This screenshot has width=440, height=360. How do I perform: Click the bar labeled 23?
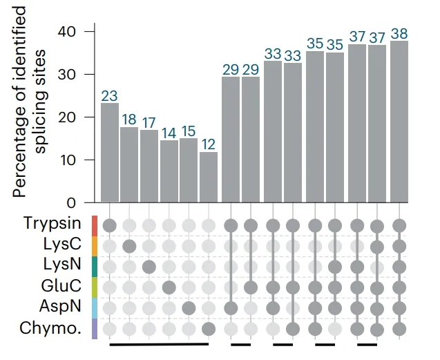click(x=109, y=152)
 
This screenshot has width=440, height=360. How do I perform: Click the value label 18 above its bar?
click(x=129, y=118)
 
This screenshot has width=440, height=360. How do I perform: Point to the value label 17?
click(x=149, y=122)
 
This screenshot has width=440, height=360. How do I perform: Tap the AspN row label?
click(x=61, y=307)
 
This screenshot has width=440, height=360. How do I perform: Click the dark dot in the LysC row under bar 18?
click(x=129, y=245)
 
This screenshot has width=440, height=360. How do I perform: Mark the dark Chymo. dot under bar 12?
click(x=209, y=328)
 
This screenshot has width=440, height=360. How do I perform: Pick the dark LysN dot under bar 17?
click(x=149, y=266)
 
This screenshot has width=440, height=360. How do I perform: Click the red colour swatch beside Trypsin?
click(x=95, y=225)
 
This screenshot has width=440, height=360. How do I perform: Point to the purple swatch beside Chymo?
click(x=95, y=328)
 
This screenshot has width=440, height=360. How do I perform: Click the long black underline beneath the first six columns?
click(x=159, y=343)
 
